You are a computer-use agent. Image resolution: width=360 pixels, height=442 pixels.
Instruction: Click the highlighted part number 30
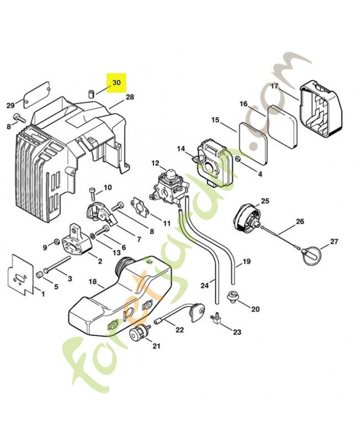[x=116, y=83]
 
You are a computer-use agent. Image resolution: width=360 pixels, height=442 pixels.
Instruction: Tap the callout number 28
[x=130, y=97]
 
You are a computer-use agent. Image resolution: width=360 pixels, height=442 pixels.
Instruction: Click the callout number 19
[x=246, y=261]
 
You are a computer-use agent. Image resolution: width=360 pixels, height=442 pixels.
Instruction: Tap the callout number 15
[x=215, y=120]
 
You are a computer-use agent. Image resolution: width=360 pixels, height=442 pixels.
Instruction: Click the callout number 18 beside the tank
[x=93, y=282]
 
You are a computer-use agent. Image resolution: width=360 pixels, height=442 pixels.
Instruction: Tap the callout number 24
[x=205, y=286]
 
